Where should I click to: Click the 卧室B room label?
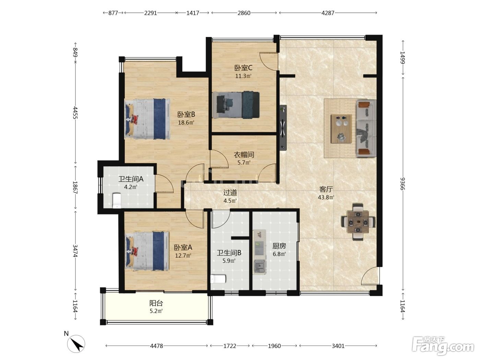point(186,115)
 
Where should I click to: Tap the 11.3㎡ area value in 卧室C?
point(243,76)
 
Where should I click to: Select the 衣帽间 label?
point(244,155)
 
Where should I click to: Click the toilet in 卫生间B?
point(218,279)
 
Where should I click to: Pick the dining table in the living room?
point(358,222)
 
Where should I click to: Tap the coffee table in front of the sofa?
point(341,129)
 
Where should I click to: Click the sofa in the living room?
point(366,128)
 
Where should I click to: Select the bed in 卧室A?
point(147,251)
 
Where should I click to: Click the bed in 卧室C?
point(236,105)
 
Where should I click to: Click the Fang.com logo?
point(443,346)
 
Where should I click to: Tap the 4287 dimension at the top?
point(328,13)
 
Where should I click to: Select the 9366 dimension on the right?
point(403,184)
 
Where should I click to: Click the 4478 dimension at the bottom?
point(156,346)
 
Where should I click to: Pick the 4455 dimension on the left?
point(75,112)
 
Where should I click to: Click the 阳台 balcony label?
point(156,303)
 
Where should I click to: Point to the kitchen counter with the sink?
point(260,252)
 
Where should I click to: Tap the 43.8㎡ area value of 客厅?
point(326,197)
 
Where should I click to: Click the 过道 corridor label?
point(230,193)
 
